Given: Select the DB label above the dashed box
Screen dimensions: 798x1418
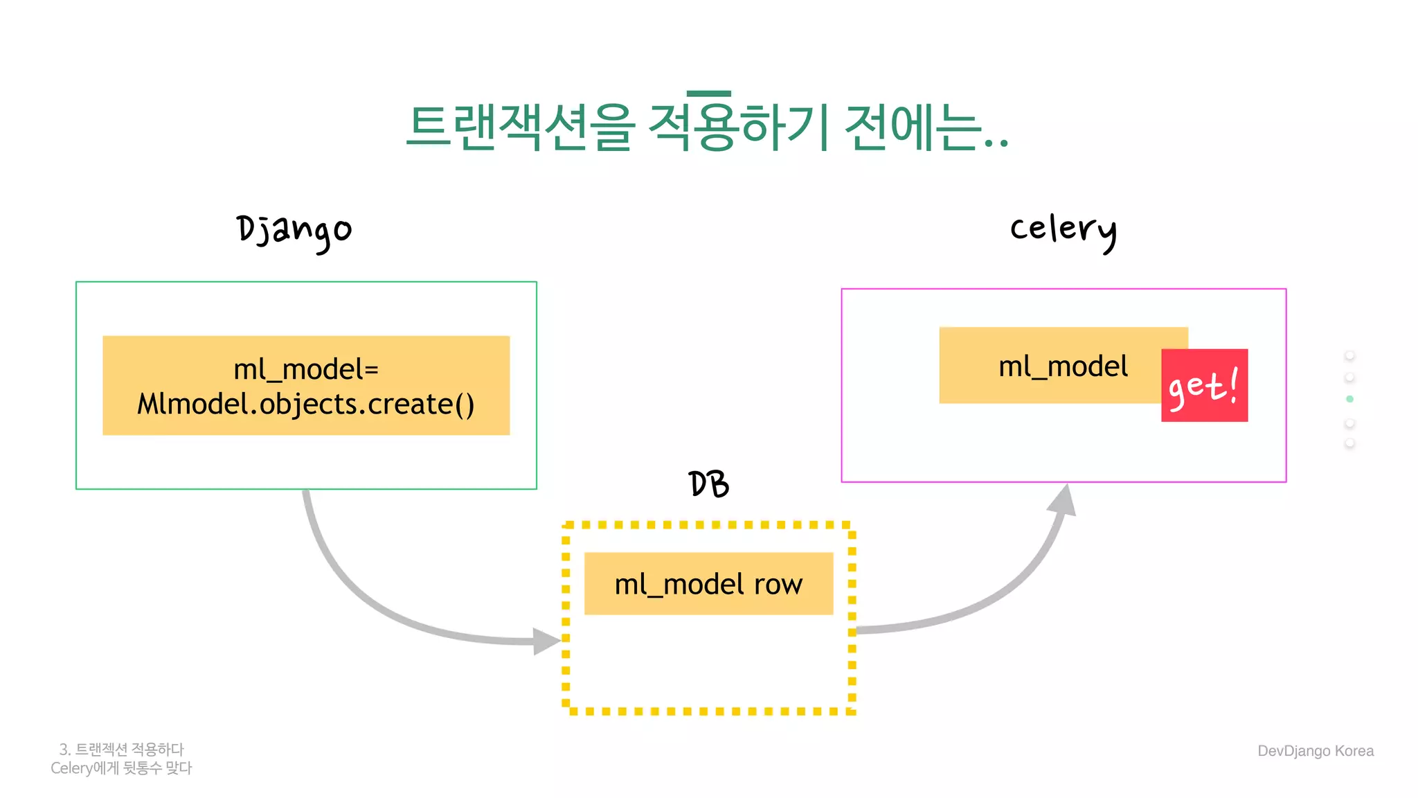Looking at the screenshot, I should pos(708,484).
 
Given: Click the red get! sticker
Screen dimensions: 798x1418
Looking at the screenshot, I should pos(1204,386).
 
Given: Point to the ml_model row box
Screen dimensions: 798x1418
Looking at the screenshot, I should pos(708,584).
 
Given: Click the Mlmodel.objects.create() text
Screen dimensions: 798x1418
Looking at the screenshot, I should pos(306,405).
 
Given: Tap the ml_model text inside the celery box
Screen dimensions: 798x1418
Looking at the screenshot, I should pos(1063,366).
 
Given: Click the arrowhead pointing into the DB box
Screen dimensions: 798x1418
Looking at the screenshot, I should pos(547,641).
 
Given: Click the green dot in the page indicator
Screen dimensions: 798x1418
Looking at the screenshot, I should pos(1349,399).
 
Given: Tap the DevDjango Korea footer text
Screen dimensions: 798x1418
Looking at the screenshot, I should pos(1315,751).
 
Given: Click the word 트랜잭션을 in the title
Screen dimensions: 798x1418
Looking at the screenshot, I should pos(521,127).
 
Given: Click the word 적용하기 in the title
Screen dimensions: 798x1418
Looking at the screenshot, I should pos(737,127).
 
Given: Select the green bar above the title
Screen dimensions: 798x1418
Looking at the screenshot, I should pos(708,94).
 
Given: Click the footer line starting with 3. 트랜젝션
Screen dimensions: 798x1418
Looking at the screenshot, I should pos(122,750).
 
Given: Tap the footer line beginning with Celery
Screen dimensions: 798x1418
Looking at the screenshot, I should pos(121,768).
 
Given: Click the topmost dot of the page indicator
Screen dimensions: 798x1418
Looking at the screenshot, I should pos(1349,355).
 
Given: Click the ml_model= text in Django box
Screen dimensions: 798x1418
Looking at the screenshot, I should pos(306,370).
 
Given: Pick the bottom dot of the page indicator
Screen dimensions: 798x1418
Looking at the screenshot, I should pos(1349,443).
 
